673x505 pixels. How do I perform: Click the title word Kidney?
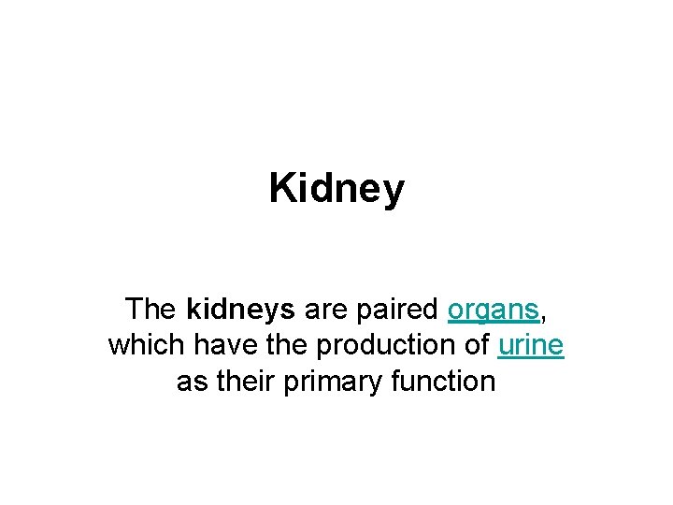[x=336, y=189]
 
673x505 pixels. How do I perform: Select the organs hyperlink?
[x=494, y=310]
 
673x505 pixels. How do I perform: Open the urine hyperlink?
[x=531, y=345]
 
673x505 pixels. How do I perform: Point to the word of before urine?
[x=476, y=345]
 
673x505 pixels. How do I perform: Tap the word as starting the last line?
[x=189, y=382]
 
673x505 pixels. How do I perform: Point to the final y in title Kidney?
[x=394, y=193]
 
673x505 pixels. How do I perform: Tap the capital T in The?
[x=133, y=310]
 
